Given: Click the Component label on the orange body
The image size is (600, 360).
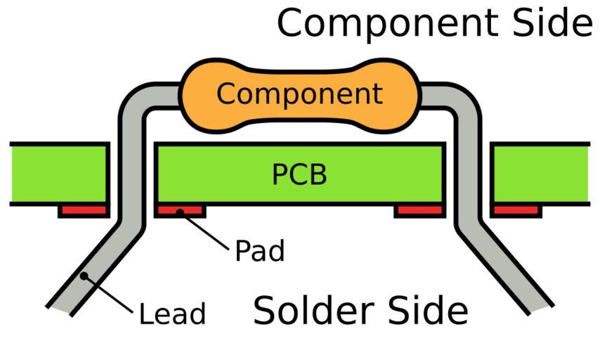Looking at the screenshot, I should (299, 94).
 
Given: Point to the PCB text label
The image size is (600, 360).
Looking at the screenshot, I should (299, 174).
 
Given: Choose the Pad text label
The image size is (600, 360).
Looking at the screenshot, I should (259, 250).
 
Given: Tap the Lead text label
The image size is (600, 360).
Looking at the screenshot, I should (172, 314).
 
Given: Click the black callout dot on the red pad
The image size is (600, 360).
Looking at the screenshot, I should (180, 210).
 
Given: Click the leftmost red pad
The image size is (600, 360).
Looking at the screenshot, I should (83, 210).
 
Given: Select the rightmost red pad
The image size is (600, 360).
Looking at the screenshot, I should (516, 210).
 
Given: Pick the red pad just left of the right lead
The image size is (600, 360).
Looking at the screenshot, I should (419, 210).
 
